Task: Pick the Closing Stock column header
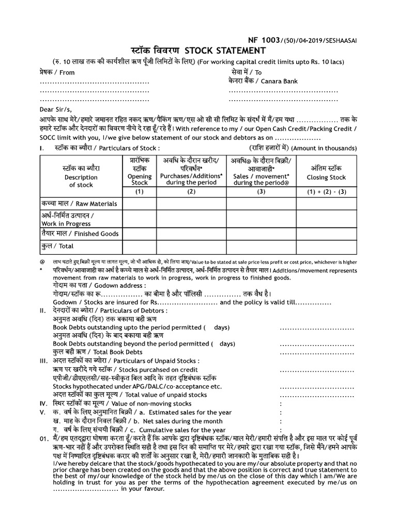point(326,177)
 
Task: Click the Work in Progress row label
point(66,224)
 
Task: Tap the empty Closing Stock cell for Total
point(326,246)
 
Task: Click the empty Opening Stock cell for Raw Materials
point(140,204)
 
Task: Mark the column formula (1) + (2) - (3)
point(326,192)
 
